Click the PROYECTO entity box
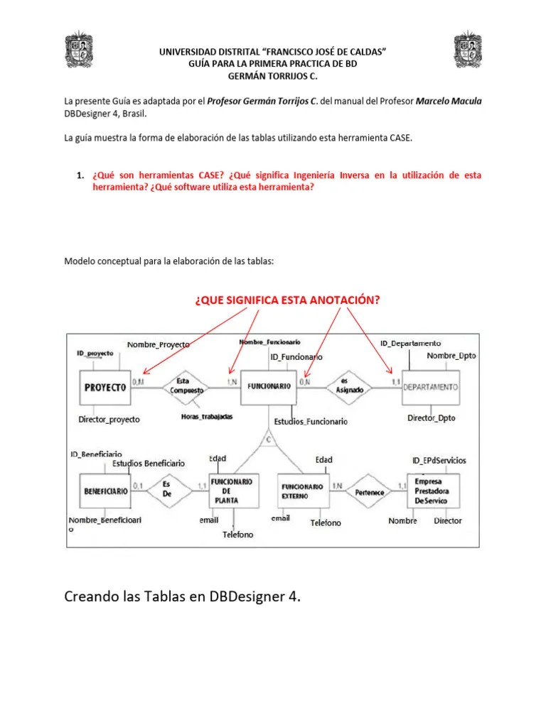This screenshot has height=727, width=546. coord(105,388)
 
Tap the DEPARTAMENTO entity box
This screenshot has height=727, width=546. coord(431,388)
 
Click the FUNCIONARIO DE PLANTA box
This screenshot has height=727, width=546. coord(234,491)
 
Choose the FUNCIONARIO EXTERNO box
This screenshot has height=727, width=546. coord(302,491)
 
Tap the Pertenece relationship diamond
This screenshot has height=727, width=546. coord(370,491)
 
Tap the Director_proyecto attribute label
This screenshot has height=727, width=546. coord(109,420)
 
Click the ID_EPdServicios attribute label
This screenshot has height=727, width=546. coord(439,460)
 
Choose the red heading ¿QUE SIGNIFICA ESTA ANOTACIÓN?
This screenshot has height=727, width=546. coord(288,300)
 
